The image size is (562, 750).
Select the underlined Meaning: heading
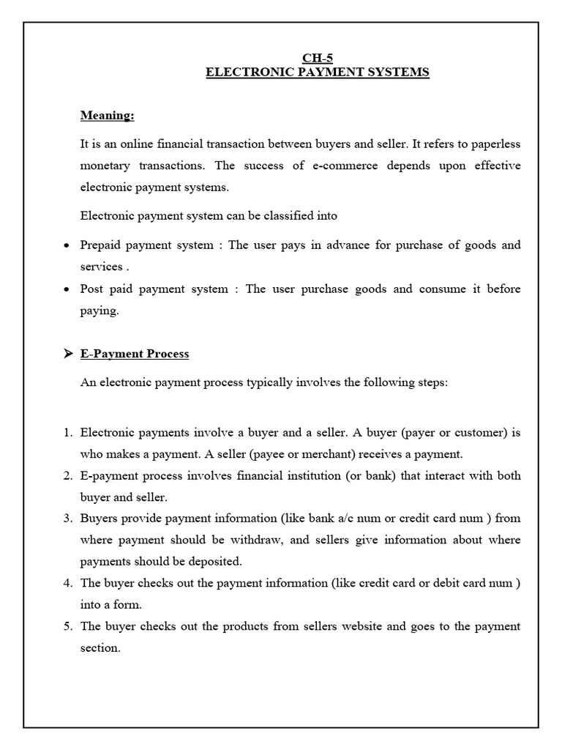coord(107,116)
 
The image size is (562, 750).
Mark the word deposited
coord(214,562)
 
